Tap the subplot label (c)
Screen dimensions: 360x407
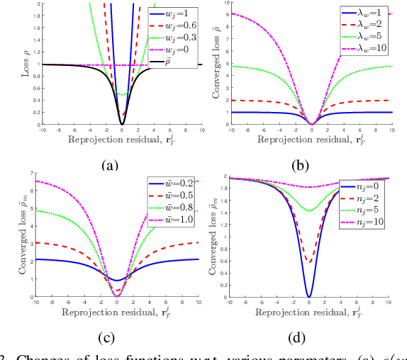(x=108, y=337)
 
